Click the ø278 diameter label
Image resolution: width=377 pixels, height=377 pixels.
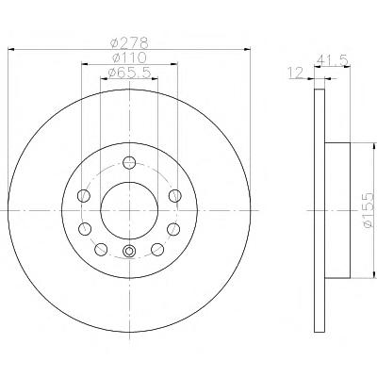point(129,42)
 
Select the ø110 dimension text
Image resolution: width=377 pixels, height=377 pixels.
point(129,57)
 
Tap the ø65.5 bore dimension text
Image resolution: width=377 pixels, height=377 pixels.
point(129,73)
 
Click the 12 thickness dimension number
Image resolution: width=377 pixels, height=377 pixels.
point(295,73)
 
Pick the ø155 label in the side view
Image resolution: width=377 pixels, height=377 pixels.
point(369,210)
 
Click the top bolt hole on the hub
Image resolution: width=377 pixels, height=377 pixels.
point(129,162)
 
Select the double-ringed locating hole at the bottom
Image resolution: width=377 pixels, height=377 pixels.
point(129,251)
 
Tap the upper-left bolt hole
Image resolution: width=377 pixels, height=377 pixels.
point(84,196)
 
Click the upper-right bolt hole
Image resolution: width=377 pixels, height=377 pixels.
point(174,196)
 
